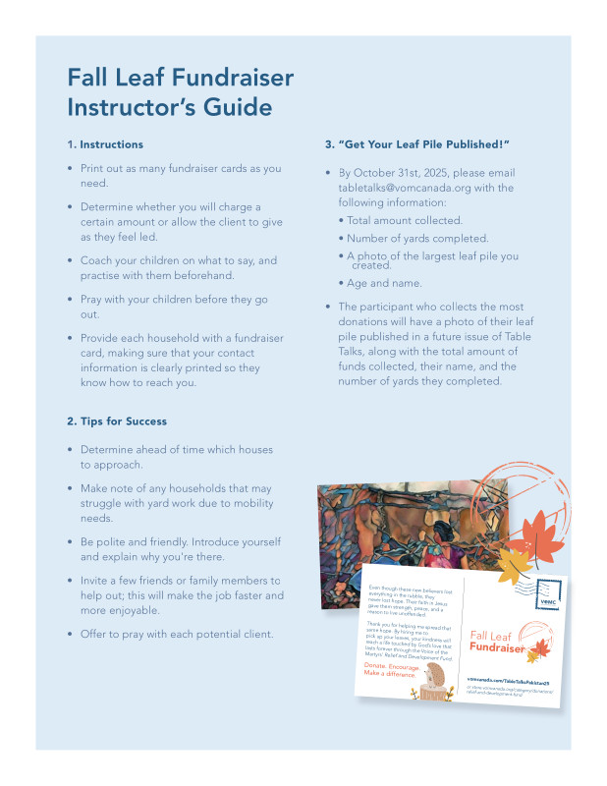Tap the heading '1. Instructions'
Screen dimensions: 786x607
click(x=105, y=144)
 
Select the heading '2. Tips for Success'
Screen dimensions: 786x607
click(x=117, y=421)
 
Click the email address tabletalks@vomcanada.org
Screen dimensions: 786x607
click(x=413, y=187)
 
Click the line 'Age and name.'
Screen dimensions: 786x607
click(x=386, y=283)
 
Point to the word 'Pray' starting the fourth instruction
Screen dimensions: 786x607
click(x=92, y=299)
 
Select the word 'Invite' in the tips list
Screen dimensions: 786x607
click(x=96, y=581)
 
